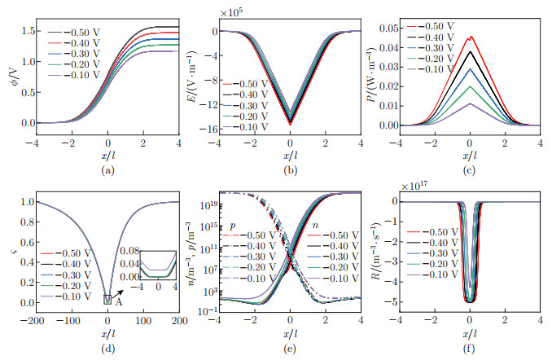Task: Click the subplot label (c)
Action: (x=470, y=170)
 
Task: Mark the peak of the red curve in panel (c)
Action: (x=470, y=37)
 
